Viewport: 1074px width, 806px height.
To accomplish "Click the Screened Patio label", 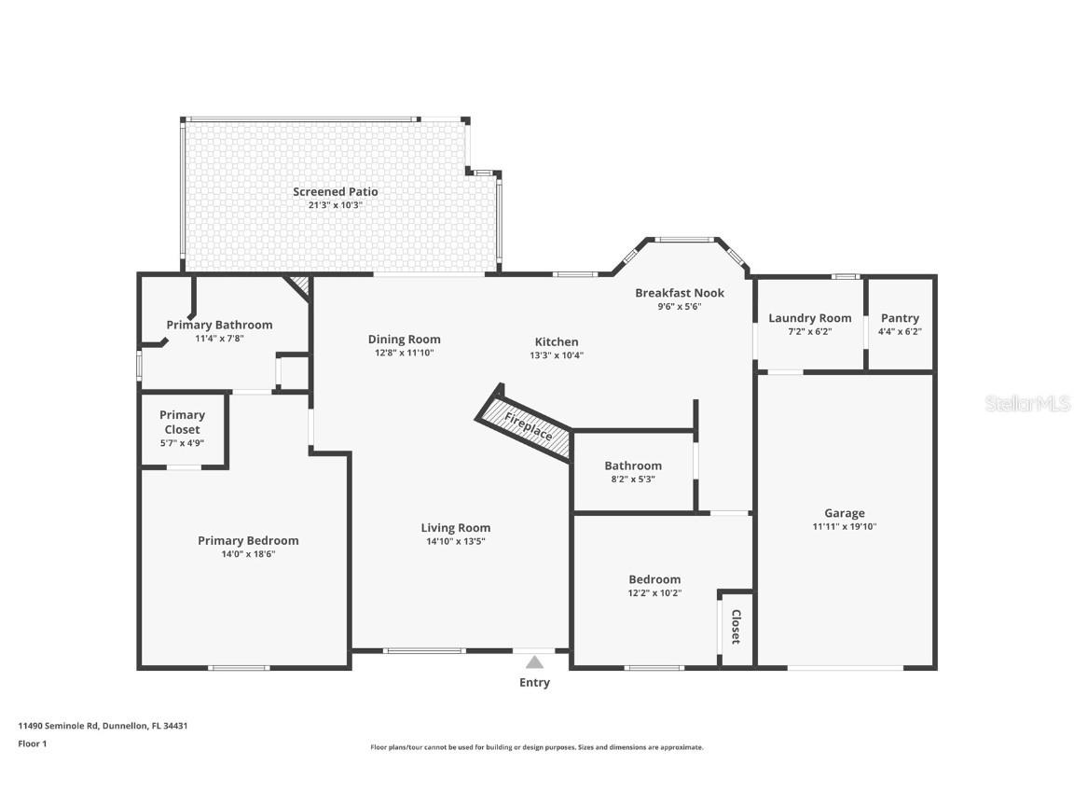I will click(336, 191).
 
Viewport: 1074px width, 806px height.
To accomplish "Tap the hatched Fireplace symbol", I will click(526, 425).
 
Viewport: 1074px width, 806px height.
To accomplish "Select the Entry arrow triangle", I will click(534, 662).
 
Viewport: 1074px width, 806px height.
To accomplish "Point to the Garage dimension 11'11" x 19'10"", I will click(844, 526).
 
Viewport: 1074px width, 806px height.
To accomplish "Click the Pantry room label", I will click(900, 318).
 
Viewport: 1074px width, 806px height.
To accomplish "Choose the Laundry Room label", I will click(809, 318).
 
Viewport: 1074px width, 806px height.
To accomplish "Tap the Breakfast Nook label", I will click(680, 293).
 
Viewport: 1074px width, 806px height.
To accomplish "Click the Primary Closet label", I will click(182, 422).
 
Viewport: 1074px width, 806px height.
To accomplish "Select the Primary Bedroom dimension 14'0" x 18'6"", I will click(248, 554).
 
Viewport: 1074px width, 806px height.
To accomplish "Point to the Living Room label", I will click(455, 528).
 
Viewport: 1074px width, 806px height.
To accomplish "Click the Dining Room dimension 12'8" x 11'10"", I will click(404, 353).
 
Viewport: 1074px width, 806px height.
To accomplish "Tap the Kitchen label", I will click(557, 341).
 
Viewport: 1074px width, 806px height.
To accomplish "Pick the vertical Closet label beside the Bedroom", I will click(736, 627).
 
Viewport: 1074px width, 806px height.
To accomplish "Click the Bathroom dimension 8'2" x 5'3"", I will click(633, 479).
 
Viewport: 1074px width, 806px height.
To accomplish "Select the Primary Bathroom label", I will click(219, 325).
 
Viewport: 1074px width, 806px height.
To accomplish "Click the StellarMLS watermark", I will click(1029, 404).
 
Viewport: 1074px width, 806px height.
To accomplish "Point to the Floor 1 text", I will click(32, 743).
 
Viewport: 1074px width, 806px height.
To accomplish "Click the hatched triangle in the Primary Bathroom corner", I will click(300, 284).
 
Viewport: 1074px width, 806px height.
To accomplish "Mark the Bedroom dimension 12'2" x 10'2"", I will click(654, 592).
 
